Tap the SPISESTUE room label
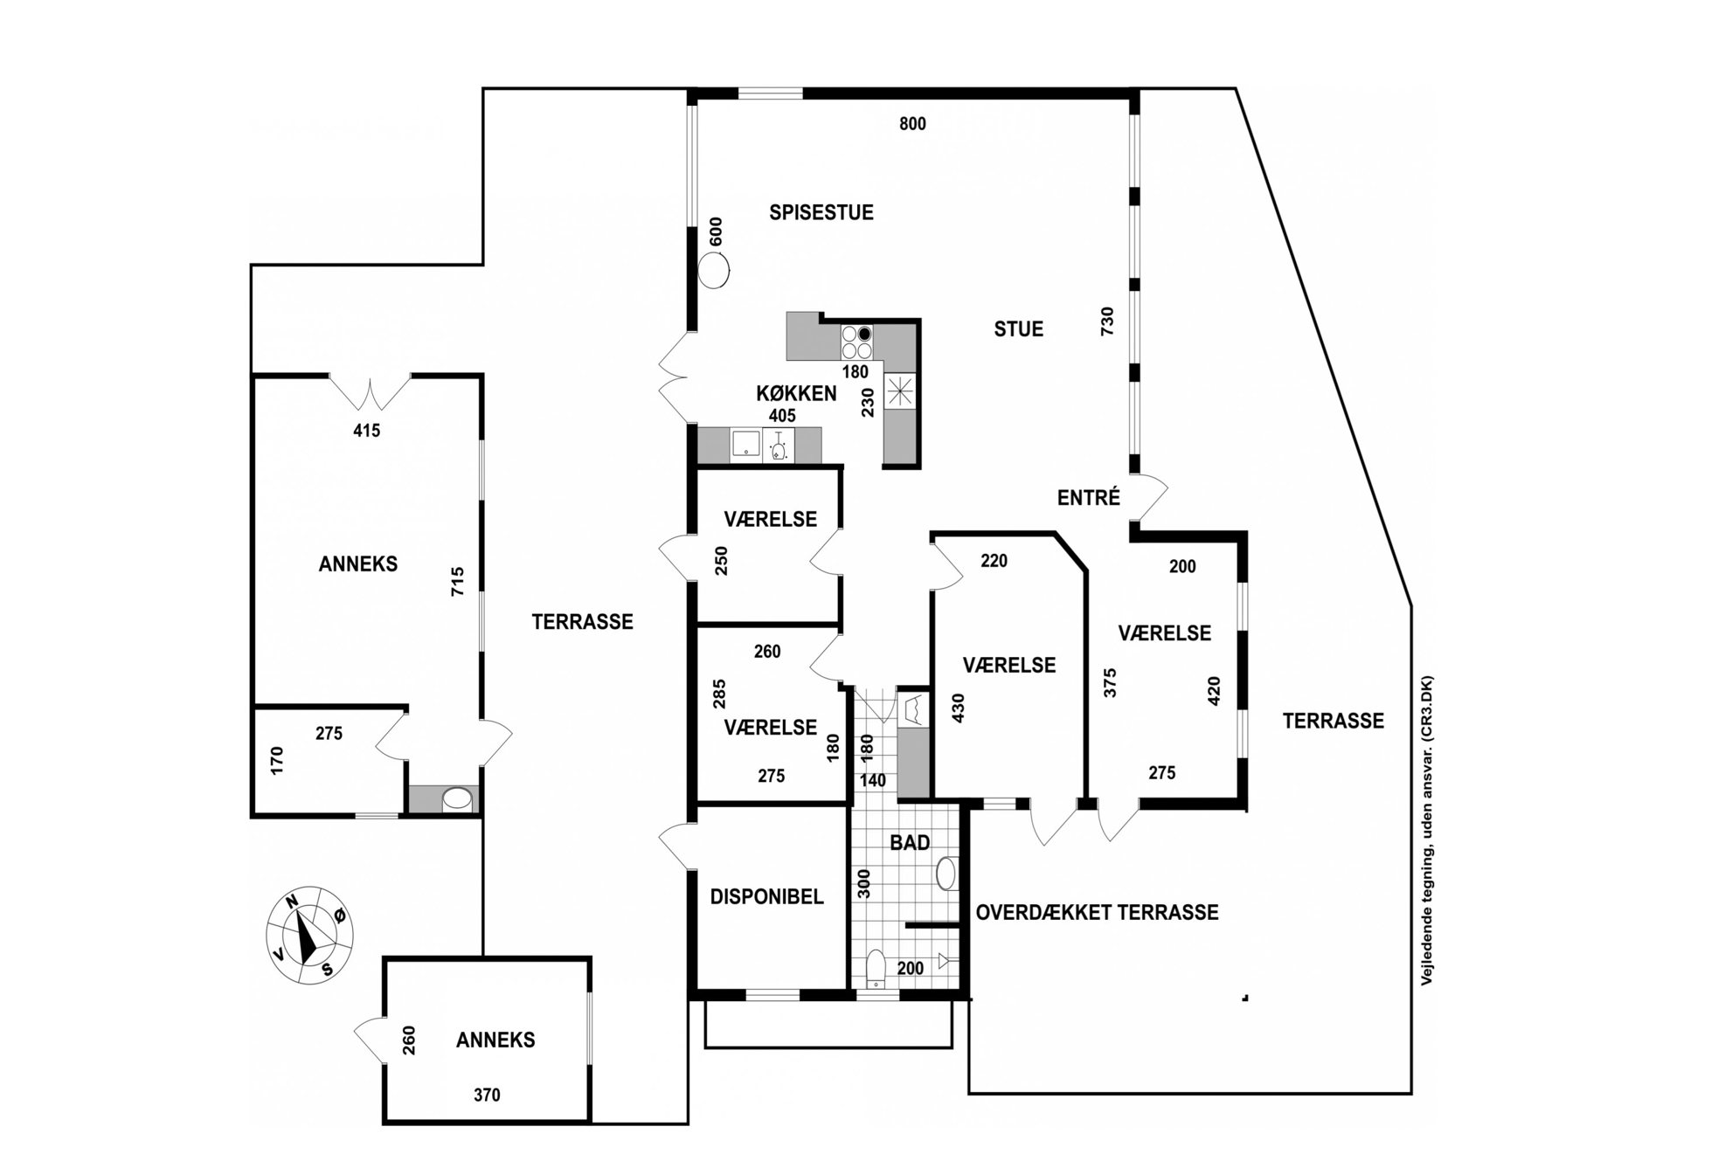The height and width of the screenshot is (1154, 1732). (821, 212)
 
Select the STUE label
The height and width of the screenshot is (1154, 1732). (1019, 329)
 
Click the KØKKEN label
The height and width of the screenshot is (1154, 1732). (796, 393)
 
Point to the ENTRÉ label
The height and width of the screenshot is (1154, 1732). (1089, 497)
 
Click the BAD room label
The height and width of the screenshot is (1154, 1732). (910, 843)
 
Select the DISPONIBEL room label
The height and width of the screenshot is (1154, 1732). (766, 897)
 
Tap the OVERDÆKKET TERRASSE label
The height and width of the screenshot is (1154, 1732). (1097, 912)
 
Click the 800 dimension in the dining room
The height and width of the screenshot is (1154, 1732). (912, 124)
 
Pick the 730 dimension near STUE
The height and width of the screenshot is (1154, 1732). (1107, 322)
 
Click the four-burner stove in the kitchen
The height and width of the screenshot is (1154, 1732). (856, 342)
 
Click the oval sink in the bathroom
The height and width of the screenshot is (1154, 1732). (946, 873)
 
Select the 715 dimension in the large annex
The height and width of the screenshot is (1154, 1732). (458, 582)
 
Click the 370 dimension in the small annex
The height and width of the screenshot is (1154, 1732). (487, 1095)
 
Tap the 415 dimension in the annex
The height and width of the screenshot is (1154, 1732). (366, 430)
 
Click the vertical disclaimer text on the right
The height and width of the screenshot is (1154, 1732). (1426, 831)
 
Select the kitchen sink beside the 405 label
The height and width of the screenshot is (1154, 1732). (745, 446)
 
